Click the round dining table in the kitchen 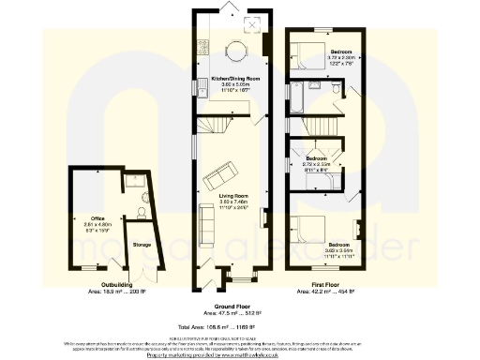pyautogui.click(x=235, y=51)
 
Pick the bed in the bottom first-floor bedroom pyautogui.click(x=309, y=231)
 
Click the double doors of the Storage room pyautogui.click(x=137, y=267)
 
